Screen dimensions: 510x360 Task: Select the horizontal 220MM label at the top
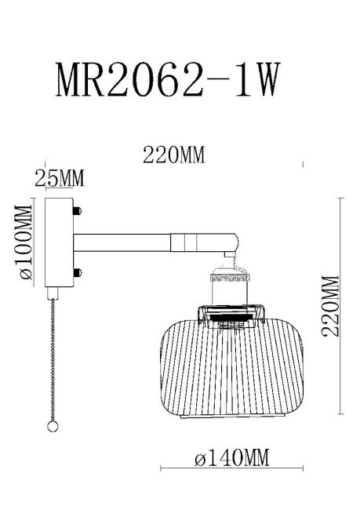(x=173, y=155)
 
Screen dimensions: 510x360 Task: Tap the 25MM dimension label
(x=60, y=180)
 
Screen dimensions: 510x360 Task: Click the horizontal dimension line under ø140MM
(x=231, y=469)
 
